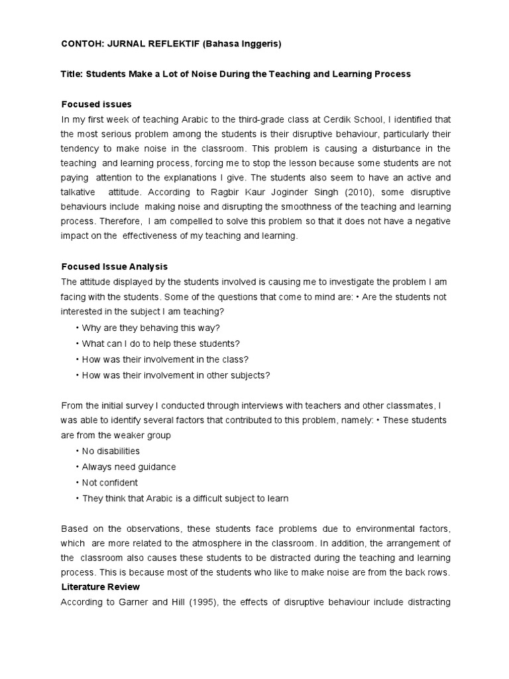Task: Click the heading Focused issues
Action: [x=96, y=104]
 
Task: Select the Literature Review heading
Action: [x=100, y=587]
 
